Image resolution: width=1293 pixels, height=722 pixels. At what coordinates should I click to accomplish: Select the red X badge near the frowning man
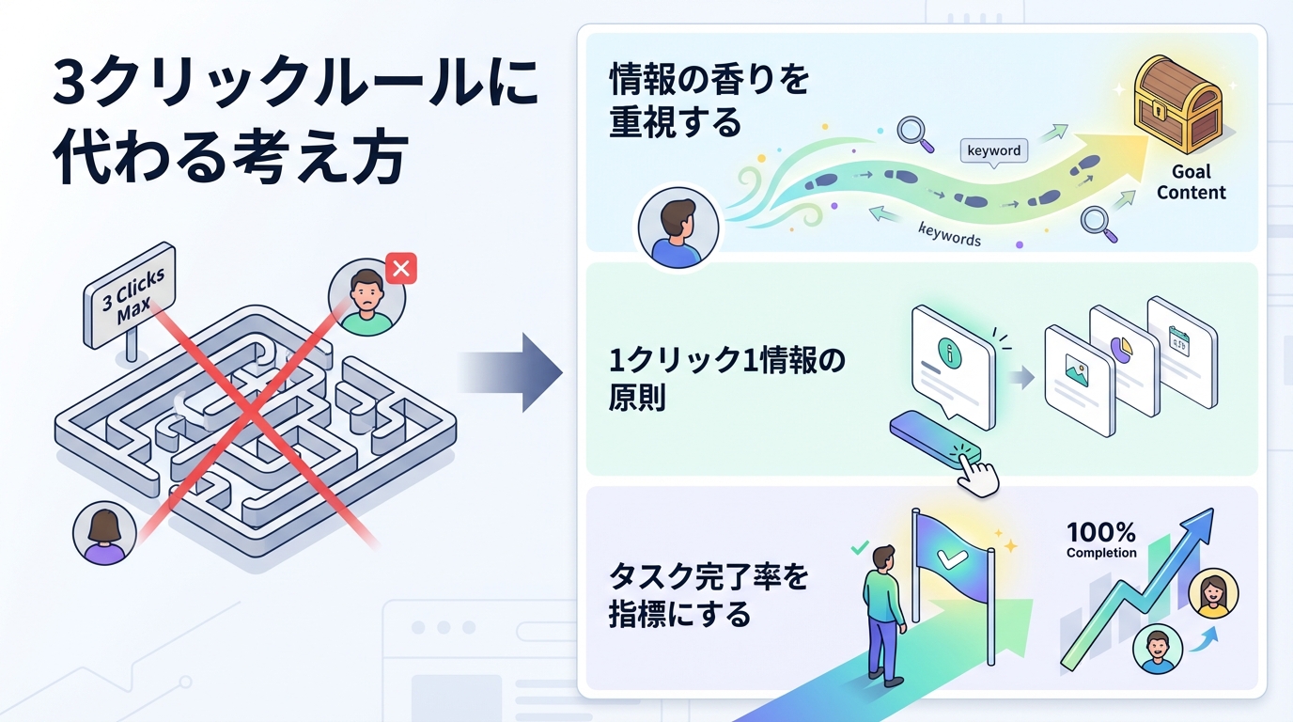[x=401, y=269]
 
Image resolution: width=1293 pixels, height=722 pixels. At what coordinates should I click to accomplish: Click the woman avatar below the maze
[x=100, y=533]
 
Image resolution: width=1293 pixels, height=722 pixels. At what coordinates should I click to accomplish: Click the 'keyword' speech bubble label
[x=993, y=150]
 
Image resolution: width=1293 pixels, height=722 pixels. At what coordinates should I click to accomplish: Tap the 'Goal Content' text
[x=1191, y=182]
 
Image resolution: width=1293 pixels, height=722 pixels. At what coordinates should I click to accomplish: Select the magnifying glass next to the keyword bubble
[x=915, y=133]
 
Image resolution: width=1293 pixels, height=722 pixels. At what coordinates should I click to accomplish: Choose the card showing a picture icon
[x=1079, y=380]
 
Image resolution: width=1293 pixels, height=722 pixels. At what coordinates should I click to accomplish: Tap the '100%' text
[x=1101, y=533]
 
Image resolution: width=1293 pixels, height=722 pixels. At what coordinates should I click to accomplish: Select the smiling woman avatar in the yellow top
[x=1213, y=595]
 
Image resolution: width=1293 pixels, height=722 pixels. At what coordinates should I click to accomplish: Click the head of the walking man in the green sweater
[x=883, y=557]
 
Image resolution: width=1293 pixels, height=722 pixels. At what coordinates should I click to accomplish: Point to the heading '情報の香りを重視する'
[x=709, y=101]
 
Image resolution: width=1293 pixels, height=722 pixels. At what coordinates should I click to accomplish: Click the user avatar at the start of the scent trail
[x=678, y=227]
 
